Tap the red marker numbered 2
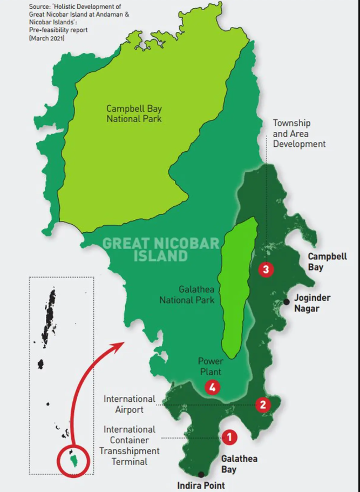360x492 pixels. (263, 405)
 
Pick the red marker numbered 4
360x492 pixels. (212, 387)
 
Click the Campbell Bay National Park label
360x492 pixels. (134, 113)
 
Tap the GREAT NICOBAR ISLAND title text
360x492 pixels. (161, 249)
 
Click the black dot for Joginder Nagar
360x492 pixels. (286, 302)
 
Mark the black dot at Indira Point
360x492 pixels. (201, 474)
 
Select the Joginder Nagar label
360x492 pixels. (312, 303)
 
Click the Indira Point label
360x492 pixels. (201, 485)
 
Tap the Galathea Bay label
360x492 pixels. (239, 464)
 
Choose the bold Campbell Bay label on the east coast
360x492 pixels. (327, 261)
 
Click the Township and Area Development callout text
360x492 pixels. (298, 134)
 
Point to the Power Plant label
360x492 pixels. (210, 366)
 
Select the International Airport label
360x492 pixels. (130, 404)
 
